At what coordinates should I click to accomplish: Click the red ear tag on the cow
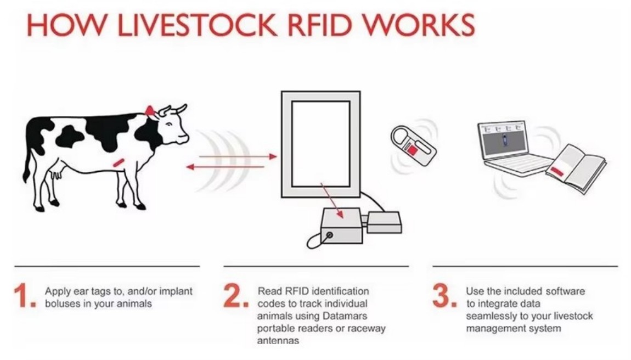[149, 110]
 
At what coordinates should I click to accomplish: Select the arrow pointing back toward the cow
[225, 166]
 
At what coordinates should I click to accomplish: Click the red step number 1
[23, 297]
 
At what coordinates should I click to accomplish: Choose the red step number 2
[234, 297]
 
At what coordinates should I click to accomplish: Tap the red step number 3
[443, 297]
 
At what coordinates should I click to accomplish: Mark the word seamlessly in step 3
[487, 316]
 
